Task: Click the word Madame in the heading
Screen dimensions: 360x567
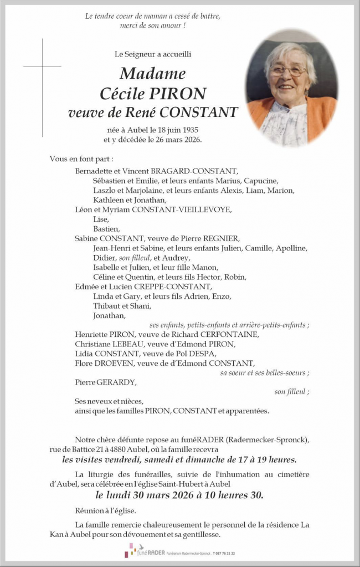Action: [152, 73]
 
